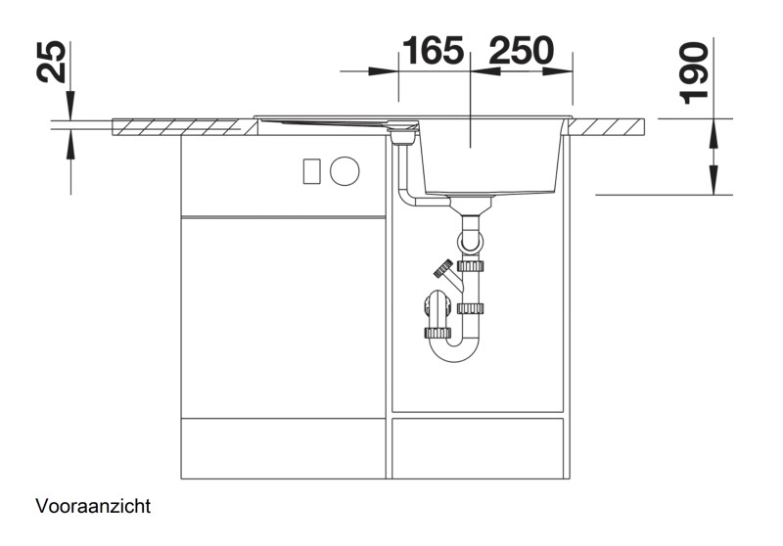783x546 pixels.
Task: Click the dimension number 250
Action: tap(521, 50)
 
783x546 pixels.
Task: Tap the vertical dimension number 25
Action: tap(56, 62)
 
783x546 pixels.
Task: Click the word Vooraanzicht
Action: tap(93, 507)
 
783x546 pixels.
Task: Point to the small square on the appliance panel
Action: tap(312, 171)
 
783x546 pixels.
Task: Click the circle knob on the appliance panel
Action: tap(345, 171)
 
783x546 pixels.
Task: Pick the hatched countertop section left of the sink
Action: tap(176, 127)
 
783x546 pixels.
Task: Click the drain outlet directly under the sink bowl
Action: tap(472, 205)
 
